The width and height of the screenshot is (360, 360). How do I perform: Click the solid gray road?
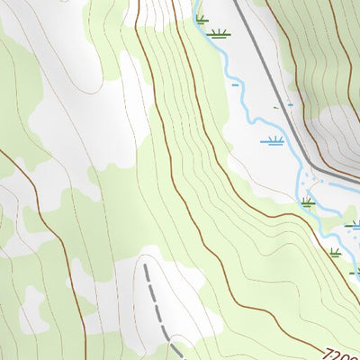coord(270,81)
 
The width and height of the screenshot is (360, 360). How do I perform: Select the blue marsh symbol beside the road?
coord(272,140)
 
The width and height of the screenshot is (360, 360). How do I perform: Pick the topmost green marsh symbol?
coord(201,19)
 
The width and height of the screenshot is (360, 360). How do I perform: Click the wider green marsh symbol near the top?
coord(217,34)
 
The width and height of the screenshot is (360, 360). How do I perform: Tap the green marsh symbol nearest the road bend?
coord(308,202)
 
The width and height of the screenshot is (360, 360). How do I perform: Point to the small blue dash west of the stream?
coord(235,85)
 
